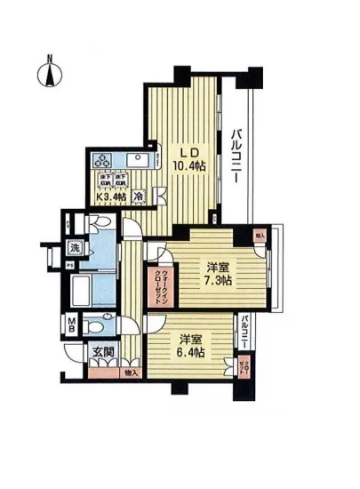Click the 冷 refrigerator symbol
point(139,195)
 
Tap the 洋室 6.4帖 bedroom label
point(189,346)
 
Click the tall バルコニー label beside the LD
point(238,156)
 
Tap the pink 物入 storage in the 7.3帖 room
point(260,236)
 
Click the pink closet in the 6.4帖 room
point(244,363)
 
